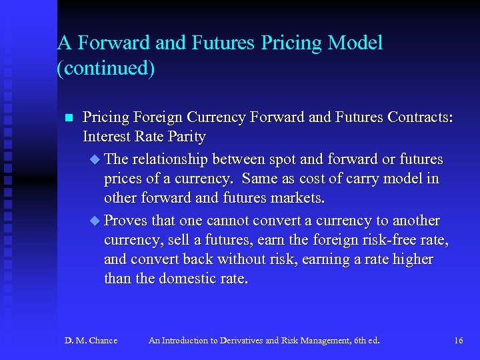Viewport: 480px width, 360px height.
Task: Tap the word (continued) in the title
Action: [106, 69]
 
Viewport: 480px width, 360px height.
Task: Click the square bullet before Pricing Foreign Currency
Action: [67, 118]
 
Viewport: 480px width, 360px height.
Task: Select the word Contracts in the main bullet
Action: [419, 117]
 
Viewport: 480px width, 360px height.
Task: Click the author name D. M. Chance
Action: [91, 341]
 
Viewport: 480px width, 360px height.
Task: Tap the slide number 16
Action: [458, 341]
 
